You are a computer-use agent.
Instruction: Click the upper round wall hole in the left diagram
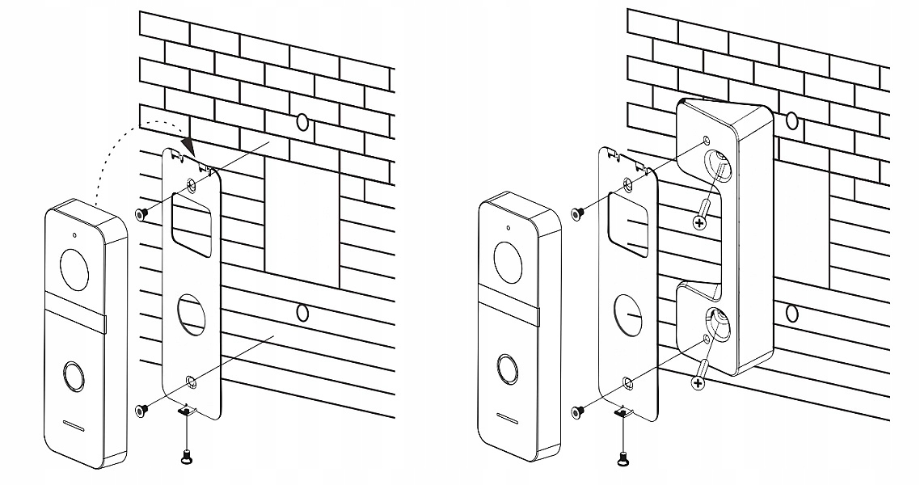302,122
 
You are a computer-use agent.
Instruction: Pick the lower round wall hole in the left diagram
302,313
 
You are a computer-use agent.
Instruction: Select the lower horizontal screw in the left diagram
141,411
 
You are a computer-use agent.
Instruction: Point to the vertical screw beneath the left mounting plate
187,456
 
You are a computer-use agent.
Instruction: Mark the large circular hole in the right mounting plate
629,310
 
